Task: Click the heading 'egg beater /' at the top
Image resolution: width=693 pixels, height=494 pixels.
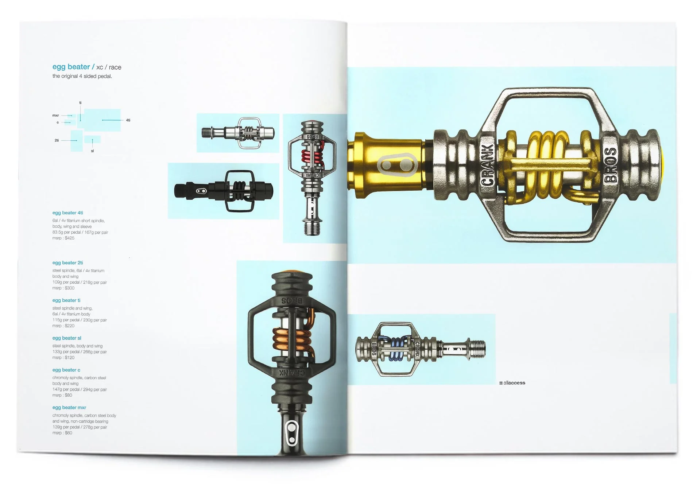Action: pos(73,67)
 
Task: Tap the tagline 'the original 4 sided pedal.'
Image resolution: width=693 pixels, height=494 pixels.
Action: pos(82,76)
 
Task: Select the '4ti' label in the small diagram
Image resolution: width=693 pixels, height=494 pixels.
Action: pos(128,120)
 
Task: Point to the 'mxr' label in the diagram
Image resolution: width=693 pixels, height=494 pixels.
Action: pos(55,115)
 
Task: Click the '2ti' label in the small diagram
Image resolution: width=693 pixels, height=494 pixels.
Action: pos(57,140)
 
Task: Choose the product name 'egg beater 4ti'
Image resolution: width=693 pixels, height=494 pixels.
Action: pos(67,213)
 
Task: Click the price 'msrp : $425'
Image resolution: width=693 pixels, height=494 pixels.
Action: pos(63,238)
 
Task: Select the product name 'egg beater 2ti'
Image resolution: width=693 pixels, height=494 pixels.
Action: pos(67,263)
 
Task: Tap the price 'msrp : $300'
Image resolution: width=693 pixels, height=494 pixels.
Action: pos(63,288)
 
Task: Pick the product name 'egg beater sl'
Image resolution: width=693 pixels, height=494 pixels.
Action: pos(67,338)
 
